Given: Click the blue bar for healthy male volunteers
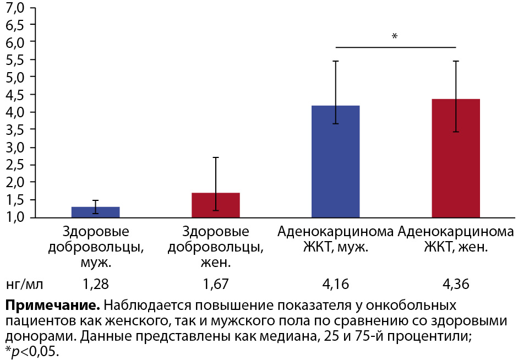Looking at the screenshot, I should point(96,212).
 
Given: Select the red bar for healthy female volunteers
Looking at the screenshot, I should point(215,205).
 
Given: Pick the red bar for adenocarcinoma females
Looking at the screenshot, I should point(456,158).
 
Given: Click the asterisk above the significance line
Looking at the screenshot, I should point(394,37).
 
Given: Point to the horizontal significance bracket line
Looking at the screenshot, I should point(363,47).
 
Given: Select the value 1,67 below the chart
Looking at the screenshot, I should point(215,284).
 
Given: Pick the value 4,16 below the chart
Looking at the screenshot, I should point(336,284).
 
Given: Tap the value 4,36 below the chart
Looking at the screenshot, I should point(456,284).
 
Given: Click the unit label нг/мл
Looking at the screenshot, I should point(24,284).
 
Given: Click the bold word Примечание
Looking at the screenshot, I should point(52,306).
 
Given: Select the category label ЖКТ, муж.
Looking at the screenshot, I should point(335,247).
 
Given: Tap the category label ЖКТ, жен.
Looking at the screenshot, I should point(456,247).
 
